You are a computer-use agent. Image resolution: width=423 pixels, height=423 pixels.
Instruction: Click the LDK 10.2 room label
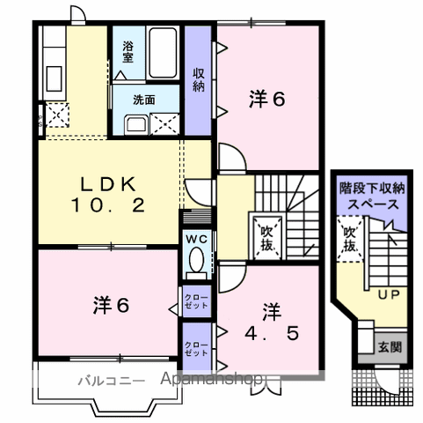109,195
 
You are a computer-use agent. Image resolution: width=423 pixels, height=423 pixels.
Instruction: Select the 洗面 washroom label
143,100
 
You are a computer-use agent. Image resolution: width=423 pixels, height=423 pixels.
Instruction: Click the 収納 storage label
199,79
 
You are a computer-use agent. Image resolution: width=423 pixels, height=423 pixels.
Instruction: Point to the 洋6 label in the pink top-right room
267,100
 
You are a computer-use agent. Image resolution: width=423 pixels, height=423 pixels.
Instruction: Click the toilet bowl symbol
196,262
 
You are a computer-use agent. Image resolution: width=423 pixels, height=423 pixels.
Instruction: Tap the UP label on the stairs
388,294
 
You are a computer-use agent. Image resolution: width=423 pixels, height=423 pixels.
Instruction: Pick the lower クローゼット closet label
196,346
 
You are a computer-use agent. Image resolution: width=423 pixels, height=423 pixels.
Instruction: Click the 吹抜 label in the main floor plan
267,235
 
